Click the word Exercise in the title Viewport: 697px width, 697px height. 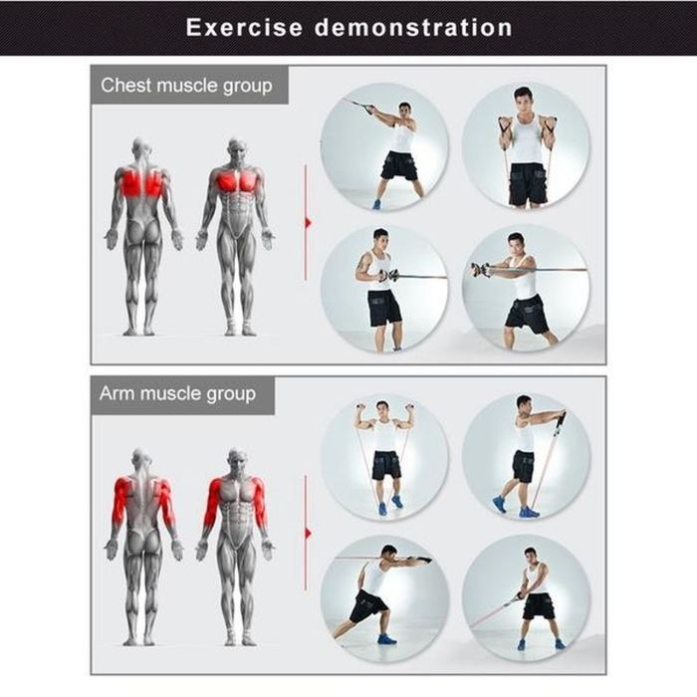coord(244,28)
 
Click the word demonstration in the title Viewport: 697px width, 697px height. coord(413,28)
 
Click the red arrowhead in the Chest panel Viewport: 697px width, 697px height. coord(308,223)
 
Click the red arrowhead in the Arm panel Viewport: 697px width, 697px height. coord(308,533)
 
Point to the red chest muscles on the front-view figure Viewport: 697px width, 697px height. coord(237,181)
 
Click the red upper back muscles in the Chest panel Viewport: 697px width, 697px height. coord(141,182)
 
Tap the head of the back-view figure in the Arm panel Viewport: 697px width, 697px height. coord(140,459)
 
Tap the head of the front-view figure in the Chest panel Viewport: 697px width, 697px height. coord(237,149)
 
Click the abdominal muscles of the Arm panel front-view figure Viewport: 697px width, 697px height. coord(236,520)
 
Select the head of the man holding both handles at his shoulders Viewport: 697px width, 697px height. coord(523,100)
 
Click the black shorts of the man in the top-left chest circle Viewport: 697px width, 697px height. coord(398,166)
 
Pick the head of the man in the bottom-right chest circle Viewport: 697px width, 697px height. coord(515,245)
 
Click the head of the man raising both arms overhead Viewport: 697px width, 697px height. coord(382,409)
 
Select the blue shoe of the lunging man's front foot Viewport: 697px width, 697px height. coord(386,639)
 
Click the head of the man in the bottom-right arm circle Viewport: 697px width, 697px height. coord(531,556)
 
